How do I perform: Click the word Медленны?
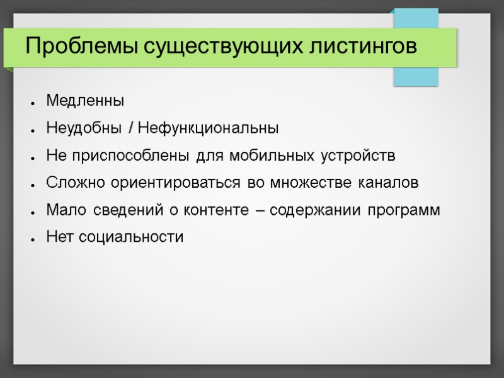point(86,101)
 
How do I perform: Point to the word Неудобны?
point(84,129)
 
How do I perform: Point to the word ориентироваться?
point(161,183)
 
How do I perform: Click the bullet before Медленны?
point(31,102)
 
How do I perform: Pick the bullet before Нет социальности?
point(31,239)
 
